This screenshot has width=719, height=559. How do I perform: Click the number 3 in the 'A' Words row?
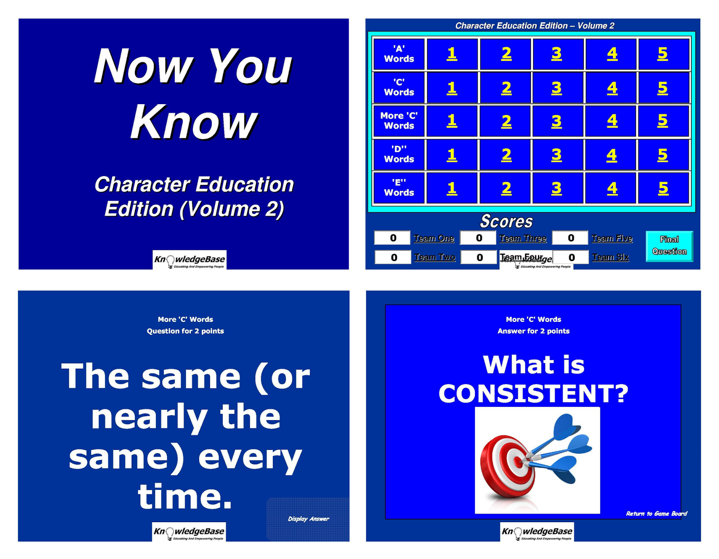[556, 54]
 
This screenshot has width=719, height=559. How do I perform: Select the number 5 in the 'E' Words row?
[663, 188]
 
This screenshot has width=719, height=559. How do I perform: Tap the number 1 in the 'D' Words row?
[452, 155]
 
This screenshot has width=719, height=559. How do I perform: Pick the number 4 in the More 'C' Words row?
[612, 121]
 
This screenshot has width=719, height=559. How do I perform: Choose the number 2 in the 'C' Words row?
[506, 88]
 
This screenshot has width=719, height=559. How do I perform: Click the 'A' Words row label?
[399, 54]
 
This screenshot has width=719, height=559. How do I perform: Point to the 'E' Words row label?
[399, 188]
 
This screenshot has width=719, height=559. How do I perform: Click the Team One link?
[434, 238]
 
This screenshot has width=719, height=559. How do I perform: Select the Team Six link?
[610, 257]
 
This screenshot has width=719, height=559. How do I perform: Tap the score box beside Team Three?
[479, 238]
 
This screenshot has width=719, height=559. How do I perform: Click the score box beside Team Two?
[393, 257]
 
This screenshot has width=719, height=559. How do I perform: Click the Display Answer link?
[308, 519]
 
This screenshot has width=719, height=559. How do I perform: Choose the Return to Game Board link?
[656, 513]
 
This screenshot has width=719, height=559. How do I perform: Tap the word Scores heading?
[506, 221]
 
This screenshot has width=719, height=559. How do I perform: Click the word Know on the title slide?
[194, 121]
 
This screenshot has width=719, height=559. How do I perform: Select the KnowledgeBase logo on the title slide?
[189, 260]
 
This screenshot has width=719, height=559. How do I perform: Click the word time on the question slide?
[185, 496]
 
